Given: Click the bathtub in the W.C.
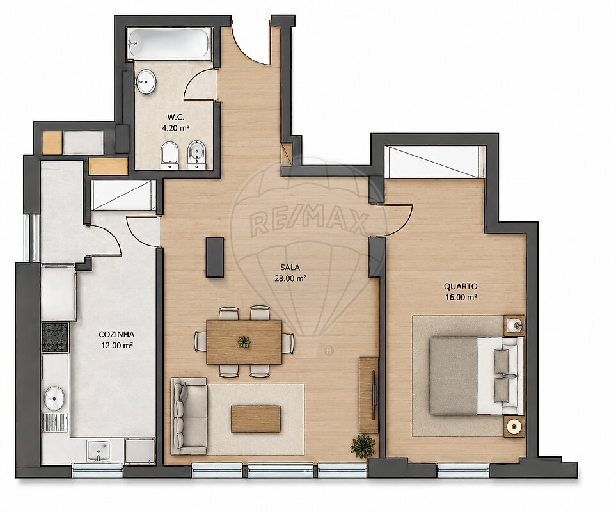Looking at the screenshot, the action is [170, 44].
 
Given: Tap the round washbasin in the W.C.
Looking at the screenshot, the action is [146, 82].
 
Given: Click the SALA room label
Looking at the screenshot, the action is [290, 268].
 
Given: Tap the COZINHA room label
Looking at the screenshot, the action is [116, 335].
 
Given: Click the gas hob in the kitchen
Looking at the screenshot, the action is [55, 337].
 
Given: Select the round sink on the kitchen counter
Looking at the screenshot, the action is [54, 398].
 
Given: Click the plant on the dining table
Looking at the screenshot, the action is [244, 342].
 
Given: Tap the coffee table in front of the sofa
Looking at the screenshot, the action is [256, 419].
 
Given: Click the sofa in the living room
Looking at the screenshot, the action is [189, 416].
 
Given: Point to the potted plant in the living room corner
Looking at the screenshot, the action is [363, 446].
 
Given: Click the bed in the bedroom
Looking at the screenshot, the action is [477, 376].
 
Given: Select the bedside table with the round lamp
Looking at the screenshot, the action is [514, 426].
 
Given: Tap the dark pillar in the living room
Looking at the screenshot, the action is [215, 257].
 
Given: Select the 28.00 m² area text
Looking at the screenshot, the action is [290, 278].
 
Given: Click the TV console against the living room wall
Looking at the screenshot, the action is [368, 395].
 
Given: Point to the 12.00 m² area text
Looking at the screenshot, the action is [116, 346].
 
